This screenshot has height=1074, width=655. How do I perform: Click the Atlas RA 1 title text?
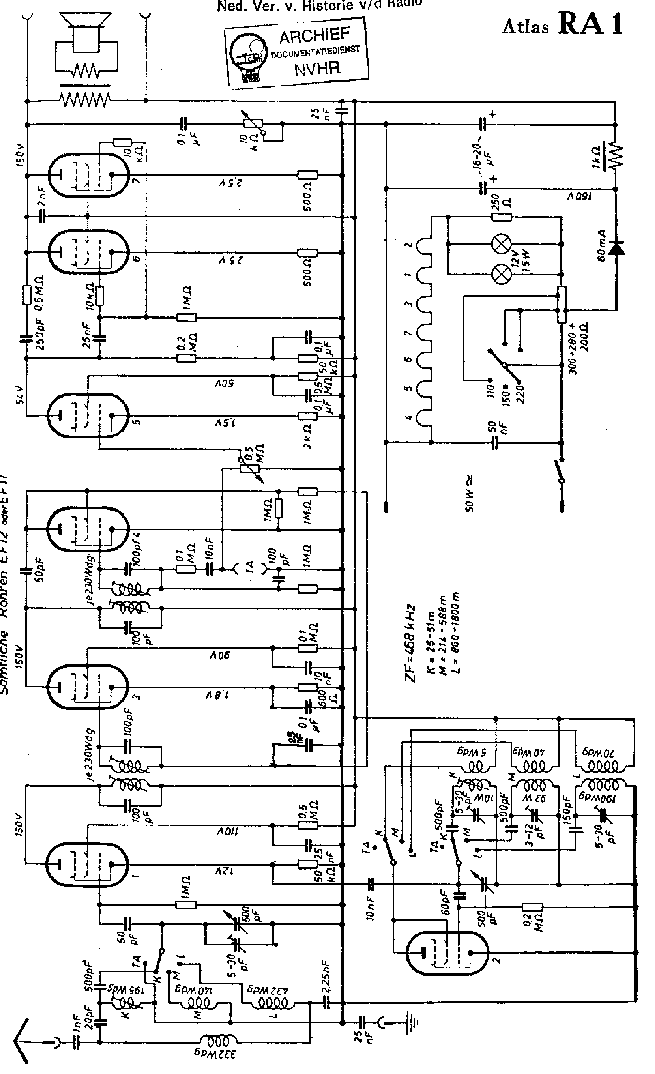(562, 24)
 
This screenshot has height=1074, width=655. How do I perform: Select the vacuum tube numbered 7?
(87, 174)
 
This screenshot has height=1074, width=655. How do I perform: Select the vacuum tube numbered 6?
(87, 252)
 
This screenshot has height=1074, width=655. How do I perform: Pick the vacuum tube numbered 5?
(87, 416)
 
